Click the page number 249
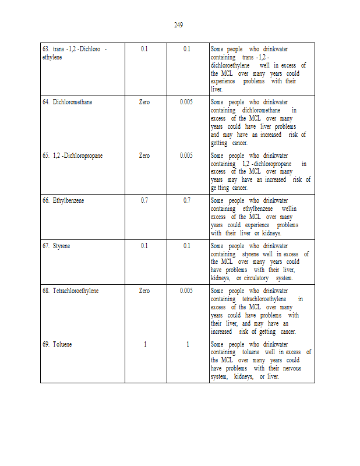click(179, 24)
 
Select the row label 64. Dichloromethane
click(67, 102)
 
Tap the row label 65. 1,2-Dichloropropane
click(72, 156)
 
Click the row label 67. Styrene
click(55, 246)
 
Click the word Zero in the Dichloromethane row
click(144, 102)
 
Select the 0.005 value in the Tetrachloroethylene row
click(186, 291)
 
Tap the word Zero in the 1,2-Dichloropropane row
click(144, 156)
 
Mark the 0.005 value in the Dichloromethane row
click(186, 102)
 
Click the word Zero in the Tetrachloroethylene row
click(144, 291)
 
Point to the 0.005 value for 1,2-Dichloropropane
click(186, 156)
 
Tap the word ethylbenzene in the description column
click(257, 209)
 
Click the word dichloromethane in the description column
click(261, 110)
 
